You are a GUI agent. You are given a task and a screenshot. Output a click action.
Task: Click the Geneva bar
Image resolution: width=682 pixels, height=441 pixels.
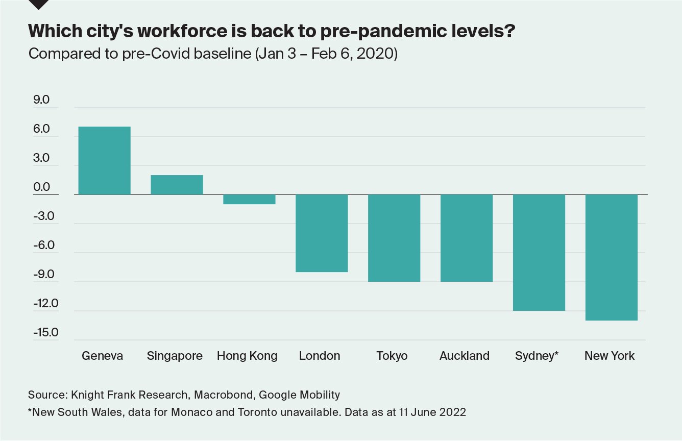[x=105, y=160]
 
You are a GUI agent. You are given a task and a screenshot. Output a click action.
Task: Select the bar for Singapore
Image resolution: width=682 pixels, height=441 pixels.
[x=177, y=185]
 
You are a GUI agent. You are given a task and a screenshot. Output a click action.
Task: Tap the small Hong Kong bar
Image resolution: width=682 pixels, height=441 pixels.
[x=249, y=199]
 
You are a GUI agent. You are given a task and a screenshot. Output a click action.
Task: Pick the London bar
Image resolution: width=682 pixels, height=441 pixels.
[x=322, y=233]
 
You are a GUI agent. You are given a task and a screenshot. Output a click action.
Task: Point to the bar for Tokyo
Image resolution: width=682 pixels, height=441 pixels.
[x=394, y=238]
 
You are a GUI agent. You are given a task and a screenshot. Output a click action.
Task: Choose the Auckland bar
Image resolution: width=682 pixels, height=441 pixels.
[x=467, y=238]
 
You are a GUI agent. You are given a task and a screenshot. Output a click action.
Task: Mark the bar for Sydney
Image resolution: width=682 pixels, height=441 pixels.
[x=539, y=252]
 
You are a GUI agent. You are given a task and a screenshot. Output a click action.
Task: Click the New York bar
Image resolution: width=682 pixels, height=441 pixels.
[x=612, y=257]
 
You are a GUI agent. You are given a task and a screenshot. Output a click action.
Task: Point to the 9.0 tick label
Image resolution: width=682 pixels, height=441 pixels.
[x=41, y=100]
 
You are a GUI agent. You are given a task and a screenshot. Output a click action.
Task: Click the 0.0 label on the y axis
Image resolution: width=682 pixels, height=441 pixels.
[x=41, y=187]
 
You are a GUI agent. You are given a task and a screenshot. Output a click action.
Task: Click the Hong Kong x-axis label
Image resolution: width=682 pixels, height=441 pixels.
[x=247, y=356]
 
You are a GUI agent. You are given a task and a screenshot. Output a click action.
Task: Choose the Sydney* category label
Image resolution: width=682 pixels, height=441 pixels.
[x=537, y=356]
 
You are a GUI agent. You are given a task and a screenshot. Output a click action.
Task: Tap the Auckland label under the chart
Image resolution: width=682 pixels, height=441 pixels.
[x=465, y=356]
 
